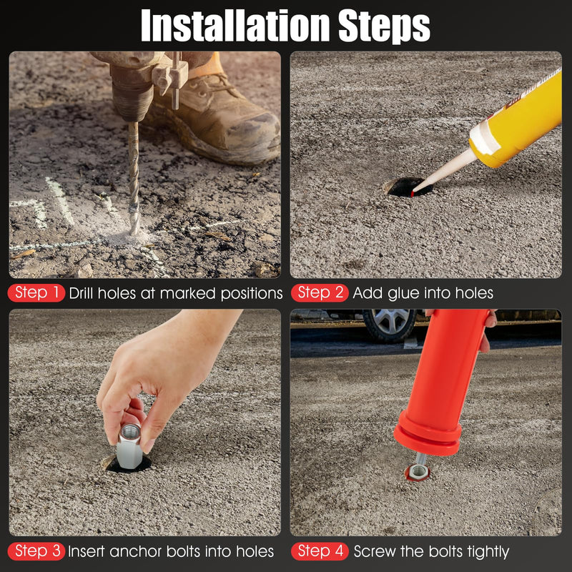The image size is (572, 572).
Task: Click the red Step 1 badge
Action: (36, 293)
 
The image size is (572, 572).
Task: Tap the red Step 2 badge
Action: (320, 293)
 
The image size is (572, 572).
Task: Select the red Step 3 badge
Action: (36, 551)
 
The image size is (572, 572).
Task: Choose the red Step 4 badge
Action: (320, 551)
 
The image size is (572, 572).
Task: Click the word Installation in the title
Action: (235, 26)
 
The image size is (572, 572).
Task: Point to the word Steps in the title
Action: (385, 26)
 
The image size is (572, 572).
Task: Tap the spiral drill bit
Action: (134, 178)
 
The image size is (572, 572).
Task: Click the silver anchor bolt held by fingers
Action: (129, 446)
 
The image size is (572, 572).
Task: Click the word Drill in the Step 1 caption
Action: (82, 293)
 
